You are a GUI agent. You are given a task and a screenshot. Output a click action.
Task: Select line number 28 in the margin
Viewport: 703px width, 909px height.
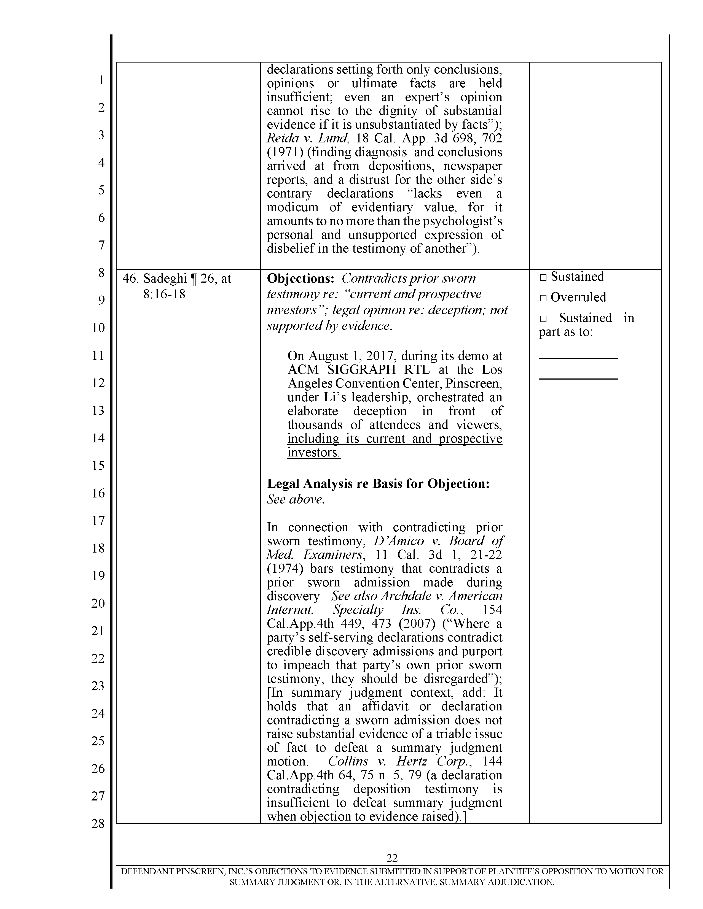click(98, 823)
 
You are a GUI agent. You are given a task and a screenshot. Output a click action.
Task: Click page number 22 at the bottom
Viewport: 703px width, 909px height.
click(392, 857)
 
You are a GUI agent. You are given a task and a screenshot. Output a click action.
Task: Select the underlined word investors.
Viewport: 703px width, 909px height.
click(314, 452)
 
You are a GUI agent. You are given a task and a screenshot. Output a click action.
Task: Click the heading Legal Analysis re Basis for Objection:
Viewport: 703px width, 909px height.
click(378, 484)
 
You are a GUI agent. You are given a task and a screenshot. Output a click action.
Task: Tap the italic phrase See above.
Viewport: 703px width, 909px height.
click(295, 499)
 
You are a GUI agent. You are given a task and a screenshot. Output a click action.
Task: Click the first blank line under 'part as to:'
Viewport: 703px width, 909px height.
click(578, 358)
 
